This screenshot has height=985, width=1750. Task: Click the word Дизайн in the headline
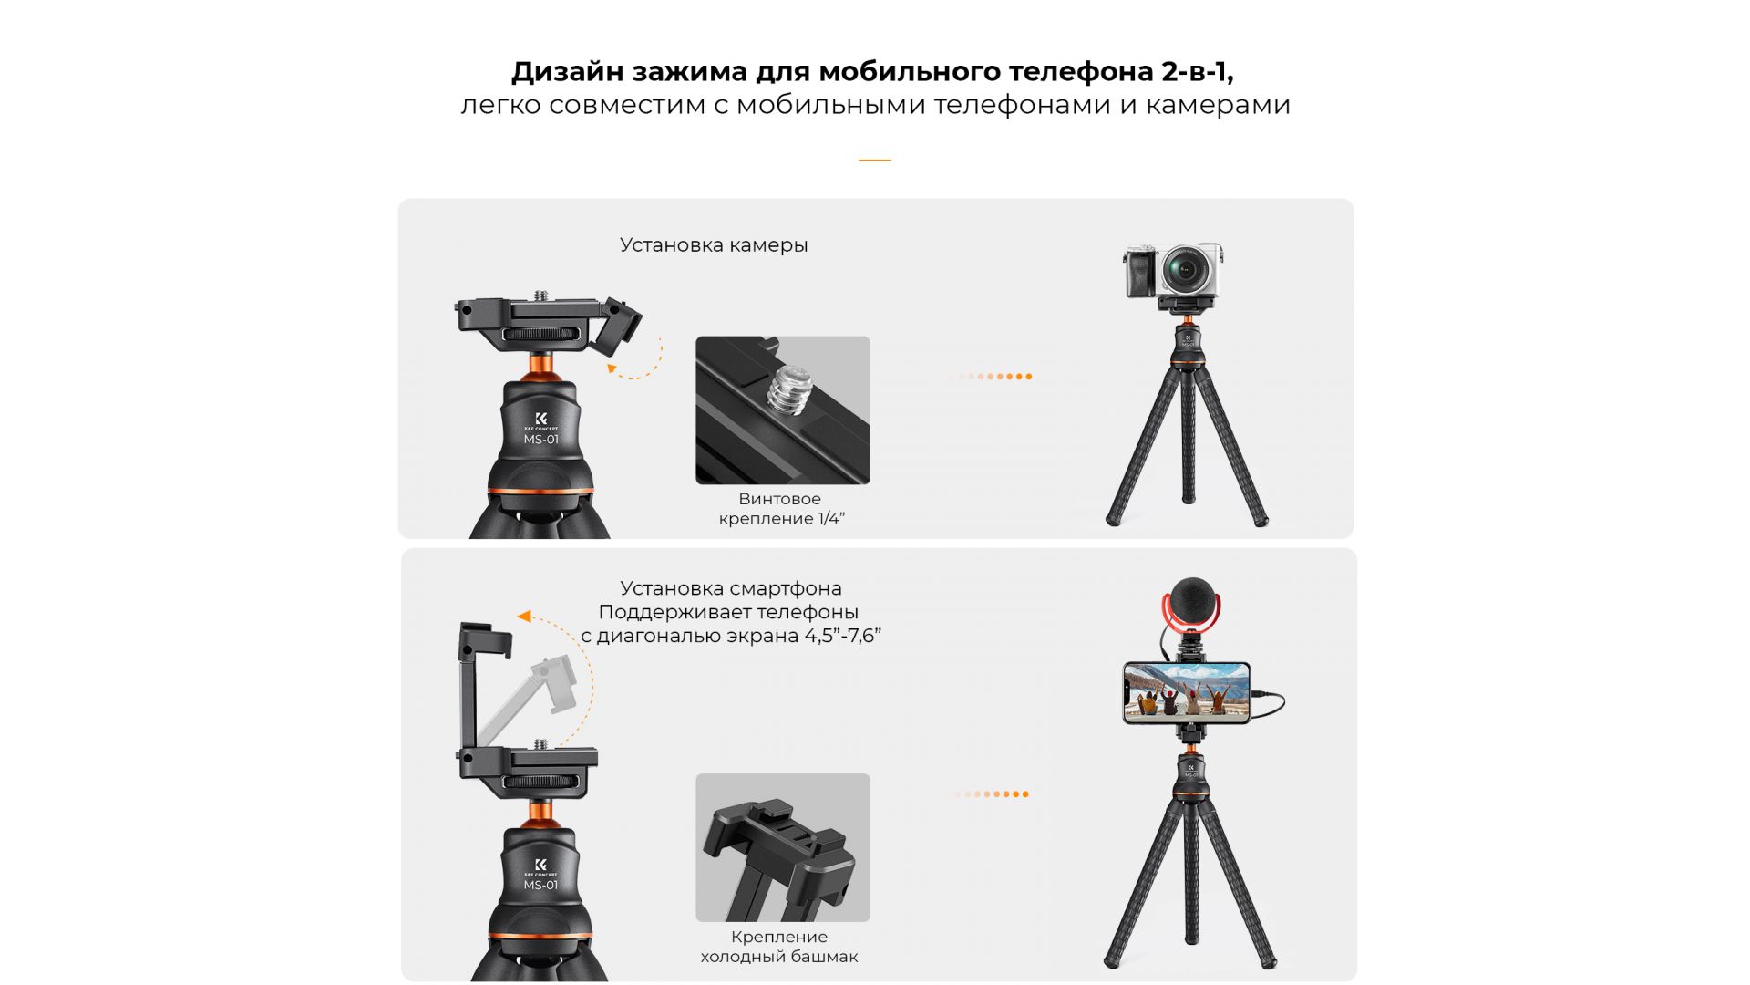tap(567, 72)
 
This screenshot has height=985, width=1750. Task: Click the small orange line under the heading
tap(874, 160)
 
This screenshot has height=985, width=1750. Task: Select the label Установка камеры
tap(714, 245)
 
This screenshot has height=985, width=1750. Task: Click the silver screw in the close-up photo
tap(789, 389)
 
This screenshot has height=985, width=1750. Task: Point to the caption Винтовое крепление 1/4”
tap(781, 509)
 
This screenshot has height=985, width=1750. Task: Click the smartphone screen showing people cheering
tap(1186, 691)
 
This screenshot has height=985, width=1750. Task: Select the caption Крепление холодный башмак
tap(779, 947)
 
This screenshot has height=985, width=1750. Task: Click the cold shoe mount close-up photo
tap(783, 847)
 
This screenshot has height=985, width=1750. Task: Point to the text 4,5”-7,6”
tap(842, 636)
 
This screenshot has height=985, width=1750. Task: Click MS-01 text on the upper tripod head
tap(540, 440)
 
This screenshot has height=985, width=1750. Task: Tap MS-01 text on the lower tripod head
tap(540, 885)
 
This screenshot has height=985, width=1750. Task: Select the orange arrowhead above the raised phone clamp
tap(524, 617)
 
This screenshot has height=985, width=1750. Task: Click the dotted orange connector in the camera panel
tap(990, 377)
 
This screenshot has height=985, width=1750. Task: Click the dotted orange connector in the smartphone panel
tap(987, 794)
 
